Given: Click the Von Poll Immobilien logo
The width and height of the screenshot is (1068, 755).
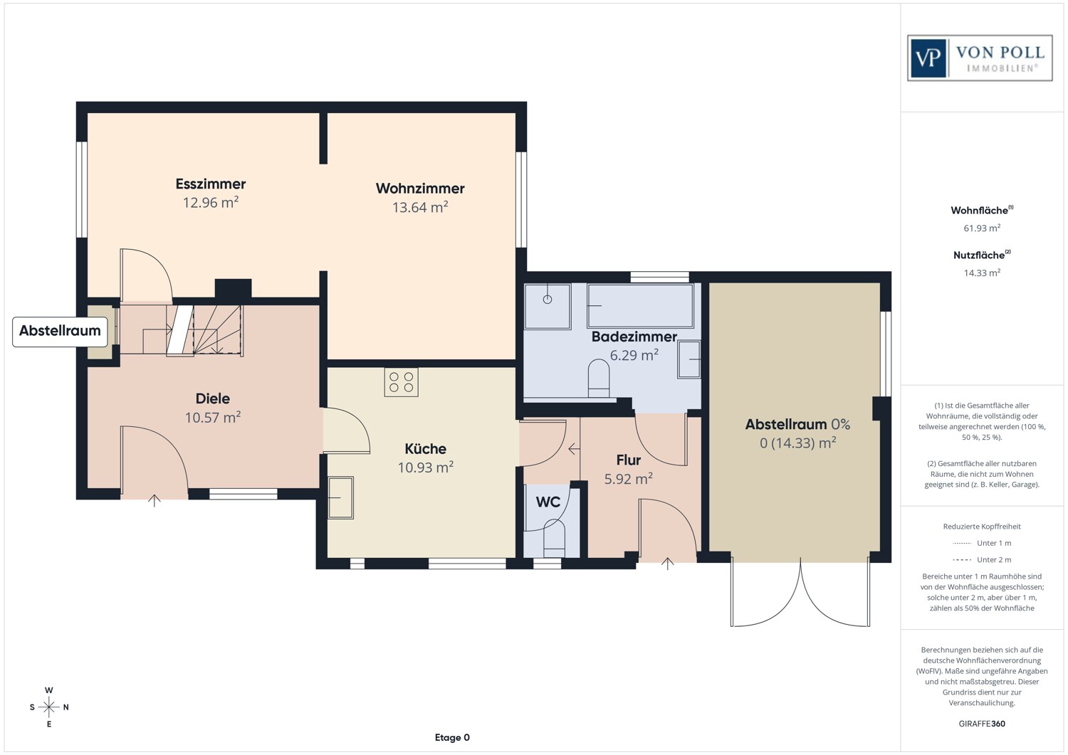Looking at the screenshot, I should pyautogui.click(x=980, y=58).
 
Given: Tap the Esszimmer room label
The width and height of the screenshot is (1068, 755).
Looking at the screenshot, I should pyautogui.click(x=211, y=184).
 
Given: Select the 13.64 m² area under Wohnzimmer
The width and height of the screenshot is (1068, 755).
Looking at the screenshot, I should pyautogui.click(x=420, y=207).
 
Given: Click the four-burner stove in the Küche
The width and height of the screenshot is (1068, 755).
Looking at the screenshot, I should pyautogui.click(x=401, y=382).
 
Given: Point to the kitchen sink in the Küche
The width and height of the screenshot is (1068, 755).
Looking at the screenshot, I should pyautogui.click(x=340, y=497).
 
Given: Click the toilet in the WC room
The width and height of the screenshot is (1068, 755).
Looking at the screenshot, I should pyautogui.click(x=553, y=539).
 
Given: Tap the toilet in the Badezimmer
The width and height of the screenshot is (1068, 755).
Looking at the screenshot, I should pyautogui.click(x=599, y=379).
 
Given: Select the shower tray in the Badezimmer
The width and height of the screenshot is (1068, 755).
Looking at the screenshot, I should pyautogui.click(x=547, y=306).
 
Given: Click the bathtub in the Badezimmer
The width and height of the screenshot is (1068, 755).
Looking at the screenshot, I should pyautogui.click(x=639, y=305).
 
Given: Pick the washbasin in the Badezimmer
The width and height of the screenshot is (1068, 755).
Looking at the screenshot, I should pyautogui.click(x=689, y=359).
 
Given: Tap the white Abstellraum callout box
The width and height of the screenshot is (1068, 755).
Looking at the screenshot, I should pyautogui.click(x=60, y=331).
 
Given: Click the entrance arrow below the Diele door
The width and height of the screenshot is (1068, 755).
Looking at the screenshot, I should pyautogui.click(x=155, y=500).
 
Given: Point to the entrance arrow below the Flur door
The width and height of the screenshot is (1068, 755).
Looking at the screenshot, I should pyautogui.click(x=667, y=564).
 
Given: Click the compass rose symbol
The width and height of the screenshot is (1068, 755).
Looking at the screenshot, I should pyautogui.click(x=49, y=707).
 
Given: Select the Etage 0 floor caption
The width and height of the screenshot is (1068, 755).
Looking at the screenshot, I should pyautogui.click(x=452, y=737).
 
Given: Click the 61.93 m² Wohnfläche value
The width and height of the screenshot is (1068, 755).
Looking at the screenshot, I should pyautogui.click(x=982, y=228).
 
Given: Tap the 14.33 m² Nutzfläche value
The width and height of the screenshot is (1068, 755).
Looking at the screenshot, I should pyautogui.click(x=982, y=273).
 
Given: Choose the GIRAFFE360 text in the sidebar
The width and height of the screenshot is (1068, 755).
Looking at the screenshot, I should pyautogui.click(x=982, y=724).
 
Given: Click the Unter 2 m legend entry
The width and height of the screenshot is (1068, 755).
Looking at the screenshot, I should pyautogui.click(x=982, y=560).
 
